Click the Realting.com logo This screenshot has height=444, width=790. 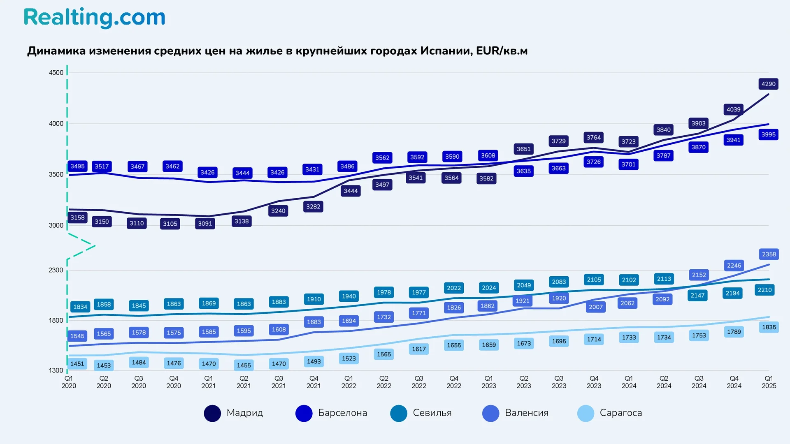(x=94, y=18)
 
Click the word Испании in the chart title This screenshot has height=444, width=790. (x=446, y=51)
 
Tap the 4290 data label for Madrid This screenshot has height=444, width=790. (x=768, y=84)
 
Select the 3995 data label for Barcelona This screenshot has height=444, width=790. (x=768, y=134)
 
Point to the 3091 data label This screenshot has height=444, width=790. (x=205, y=224)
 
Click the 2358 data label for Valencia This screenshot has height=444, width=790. (x=769, y=254)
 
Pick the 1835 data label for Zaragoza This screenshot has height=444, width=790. (x=769, y=327)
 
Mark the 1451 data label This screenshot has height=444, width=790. (x=77, y=364)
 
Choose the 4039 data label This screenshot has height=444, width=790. (x=733, y=109)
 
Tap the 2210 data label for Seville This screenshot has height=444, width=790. (x=764, y=290)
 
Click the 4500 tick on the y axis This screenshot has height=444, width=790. (x=56, y=73)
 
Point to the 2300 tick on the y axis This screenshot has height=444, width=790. (x=56, y=270)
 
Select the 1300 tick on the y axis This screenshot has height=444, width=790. (x=56, y=370)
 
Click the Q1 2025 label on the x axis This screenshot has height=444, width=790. (x=769, y=382)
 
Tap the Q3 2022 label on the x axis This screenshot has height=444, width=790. (x=419, y=382)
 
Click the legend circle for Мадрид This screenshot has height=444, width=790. (x=212, y=413)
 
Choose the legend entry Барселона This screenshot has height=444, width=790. (x=342, y=413)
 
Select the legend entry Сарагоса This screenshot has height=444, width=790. (x=620, y=413)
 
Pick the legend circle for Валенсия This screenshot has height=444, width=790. (x=490, y=413)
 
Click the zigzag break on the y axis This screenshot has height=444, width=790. (x=81, y=246)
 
